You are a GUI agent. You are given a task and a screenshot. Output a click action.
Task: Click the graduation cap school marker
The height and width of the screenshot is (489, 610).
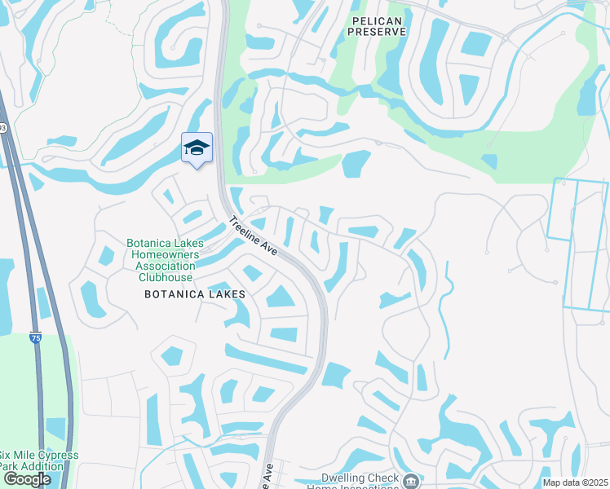197,148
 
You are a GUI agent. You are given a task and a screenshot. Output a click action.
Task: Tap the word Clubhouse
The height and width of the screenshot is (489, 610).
161,276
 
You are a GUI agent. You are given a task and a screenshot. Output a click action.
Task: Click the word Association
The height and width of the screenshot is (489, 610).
161,266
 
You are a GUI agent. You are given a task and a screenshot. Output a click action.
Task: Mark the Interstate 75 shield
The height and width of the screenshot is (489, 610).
34,337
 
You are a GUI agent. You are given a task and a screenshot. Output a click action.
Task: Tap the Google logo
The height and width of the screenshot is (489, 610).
27,479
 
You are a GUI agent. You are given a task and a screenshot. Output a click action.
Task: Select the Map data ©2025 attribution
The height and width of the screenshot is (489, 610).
574,482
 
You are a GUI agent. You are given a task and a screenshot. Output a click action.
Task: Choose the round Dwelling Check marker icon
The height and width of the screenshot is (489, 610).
412,481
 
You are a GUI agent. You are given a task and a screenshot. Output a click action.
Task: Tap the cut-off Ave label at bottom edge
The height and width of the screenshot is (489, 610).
267,477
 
